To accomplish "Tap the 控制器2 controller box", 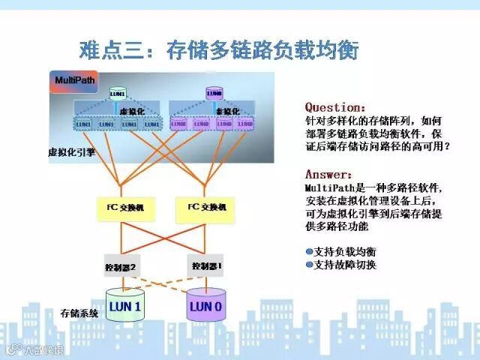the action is [x=122, y=266].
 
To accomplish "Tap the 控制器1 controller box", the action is [x=205, y=265].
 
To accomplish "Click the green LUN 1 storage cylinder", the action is [x=124, y=306].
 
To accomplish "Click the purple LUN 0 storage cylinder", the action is [x=205, y=306].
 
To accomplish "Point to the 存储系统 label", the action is [x=79, y=311].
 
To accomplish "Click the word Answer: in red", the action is [x=328, y=174].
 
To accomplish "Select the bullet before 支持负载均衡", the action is [x=309, y=251].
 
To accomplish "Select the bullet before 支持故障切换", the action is [x=309, y=265].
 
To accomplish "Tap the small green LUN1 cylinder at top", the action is [x=118, y=94].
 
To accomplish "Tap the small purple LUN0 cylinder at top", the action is [x=214, y=94].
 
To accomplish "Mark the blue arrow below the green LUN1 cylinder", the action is [x=118, y=104].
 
